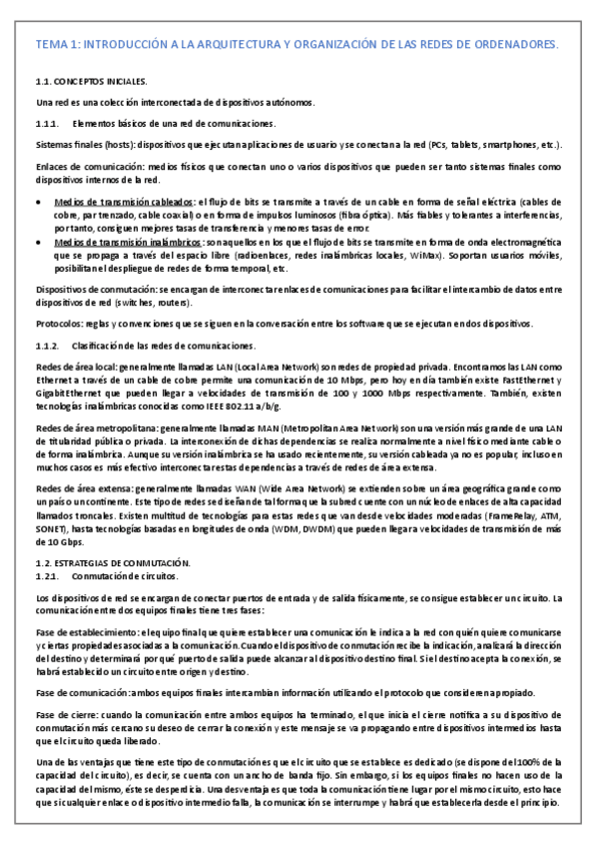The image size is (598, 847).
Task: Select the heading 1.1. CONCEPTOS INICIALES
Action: pyautogui.click(x=91, y=80)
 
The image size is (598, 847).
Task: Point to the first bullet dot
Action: pyautogui.click(x=40, y=201)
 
